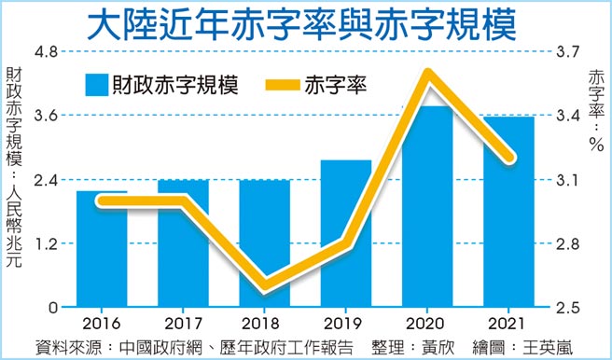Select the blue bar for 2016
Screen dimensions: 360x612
coord(102,252)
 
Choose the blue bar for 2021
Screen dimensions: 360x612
coord(508,215)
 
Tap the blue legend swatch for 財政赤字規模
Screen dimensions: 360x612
coord(95,85)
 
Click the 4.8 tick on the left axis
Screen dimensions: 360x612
coord(47,50)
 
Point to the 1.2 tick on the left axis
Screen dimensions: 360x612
coord(47,243)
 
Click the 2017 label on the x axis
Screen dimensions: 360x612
coord(183,324)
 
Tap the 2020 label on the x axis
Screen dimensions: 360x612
coord(427,324)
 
